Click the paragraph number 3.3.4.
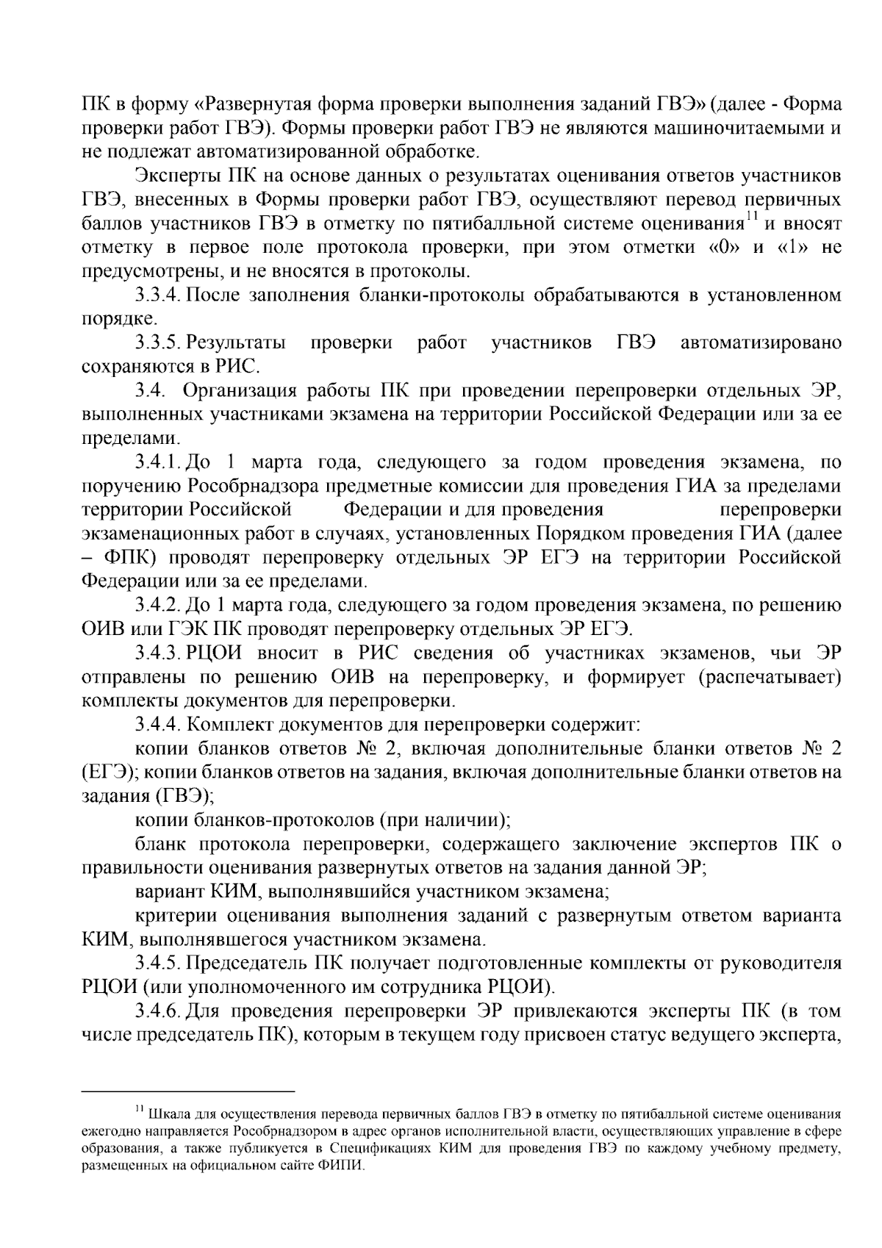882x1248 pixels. [157, 296]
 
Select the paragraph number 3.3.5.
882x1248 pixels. [157, 343]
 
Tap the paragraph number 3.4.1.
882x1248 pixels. [157, 463]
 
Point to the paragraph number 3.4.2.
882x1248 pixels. [157, 606]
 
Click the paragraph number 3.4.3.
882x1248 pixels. [157, 653]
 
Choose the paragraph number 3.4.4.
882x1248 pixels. [157, 725]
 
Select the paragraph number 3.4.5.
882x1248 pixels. [157, 963]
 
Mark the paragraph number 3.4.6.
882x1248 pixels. [157, 1011]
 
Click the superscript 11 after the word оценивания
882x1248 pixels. [752, 217]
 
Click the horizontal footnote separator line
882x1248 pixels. [187, 1092]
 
